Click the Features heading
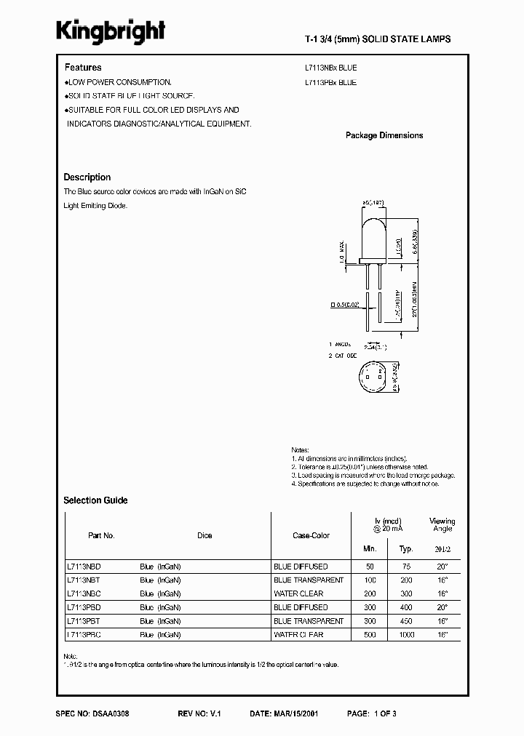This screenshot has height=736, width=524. pyautogui.click(x=82, y=68)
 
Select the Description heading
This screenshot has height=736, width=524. pyautogui.click(x=87, y=177)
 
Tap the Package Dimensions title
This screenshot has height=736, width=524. pyautogui.click(x=384, y=135)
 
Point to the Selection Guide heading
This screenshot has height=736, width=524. pyautogui.click(x=95, y=500)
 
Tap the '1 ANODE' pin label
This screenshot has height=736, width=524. pyautogui.click(x=339, y=343)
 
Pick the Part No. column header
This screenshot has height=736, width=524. pyautogui.click(x=101, y=535)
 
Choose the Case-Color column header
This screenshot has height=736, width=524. pyautogui.click(x=311, y=535)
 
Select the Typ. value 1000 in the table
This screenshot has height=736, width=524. pyautogui.click(x=407, y=635)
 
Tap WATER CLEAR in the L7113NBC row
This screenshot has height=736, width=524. pyautogui.click(x=298, y=593)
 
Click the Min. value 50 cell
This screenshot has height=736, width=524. pyautogui.click(x=370, y=567)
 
